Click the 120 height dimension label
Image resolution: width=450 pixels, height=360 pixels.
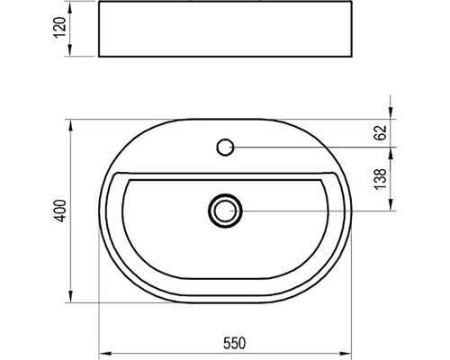click(59, 28)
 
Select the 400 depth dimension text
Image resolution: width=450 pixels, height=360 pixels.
click(61, 211)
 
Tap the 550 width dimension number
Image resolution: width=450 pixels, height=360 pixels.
click(234, 344)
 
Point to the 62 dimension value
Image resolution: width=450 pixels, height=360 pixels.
click(380, 132)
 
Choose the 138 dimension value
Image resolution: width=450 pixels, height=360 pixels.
click(380, 179)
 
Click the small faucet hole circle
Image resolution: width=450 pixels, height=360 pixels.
click(225, 147)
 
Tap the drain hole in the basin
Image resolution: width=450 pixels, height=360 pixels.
click(225, 211)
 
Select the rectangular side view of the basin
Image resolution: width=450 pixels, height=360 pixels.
click(225, 29)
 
